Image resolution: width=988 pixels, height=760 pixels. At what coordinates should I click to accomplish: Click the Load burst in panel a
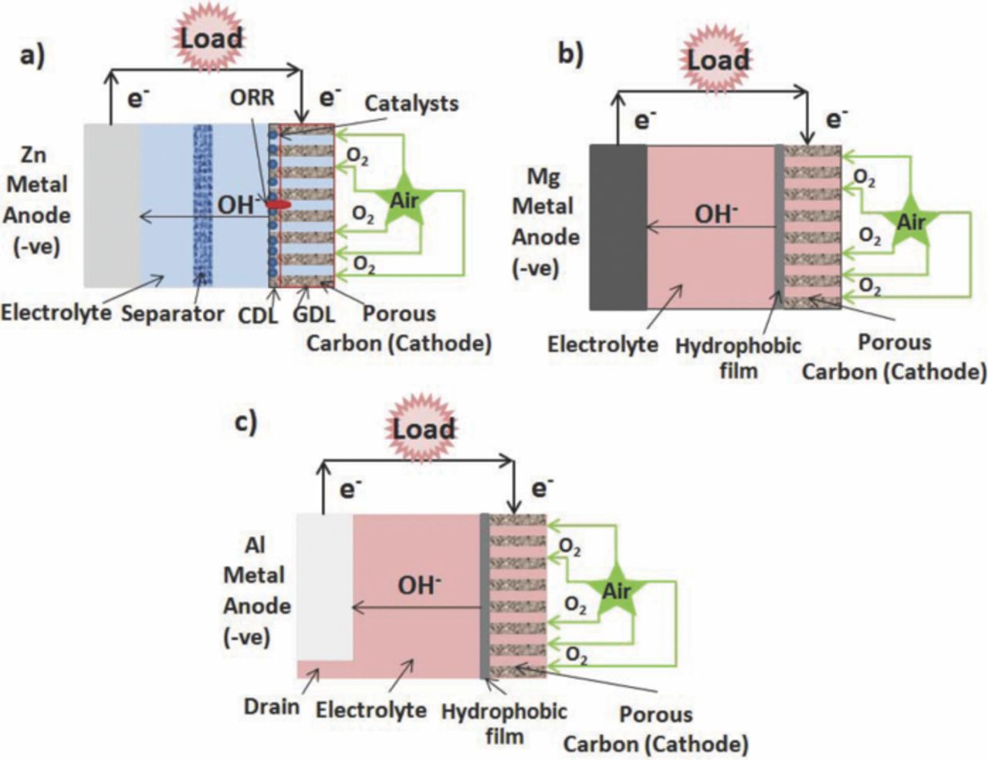[211, 38]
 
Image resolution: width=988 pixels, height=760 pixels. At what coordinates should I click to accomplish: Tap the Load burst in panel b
[718, 59]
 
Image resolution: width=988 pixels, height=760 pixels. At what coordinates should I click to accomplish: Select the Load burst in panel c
[423, 429]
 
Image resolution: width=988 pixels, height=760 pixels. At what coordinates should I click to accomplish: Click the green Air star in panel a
[403, 202]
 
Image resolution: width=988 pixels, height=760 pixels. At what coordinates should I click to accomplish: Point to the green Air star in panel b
[911, 222]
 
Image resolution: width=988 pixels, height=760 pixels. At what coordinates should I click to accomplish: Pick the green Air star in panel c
[616, 592]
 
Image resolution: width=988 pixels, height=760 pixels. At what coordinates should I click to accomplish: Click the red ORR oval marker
[278, 205]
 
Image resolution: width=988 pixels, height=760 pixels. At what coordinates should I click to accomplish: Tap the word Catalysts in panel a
[411, 103]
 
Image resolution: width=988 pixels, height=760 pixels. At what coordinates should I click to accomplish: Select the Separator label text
[173, 314]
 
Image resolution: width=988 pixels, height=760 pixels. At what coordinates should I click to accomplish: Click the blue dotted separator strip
[203, 205]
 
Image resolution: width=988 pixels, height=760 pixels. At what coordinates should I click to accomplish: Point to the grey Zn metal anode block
[112, 205]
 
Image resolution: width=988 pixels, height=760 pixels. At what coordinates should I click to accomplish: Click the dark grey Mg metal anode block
[617, 227]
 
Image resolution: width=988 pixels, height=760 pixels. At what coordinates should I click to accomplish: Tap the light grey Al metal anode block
[324, 587]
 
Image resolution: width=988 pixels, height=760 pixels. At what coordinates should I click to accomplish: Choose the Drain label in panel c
[272, 706]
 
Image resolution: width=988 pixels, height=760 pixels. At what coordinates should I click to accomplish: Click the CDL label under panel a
[258, 315]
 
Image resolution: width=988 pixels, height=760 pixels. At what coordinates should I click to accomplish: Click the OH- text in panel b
[716, 213]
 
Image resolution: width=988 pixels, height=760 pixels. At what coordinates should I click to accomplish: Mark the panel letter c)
[245, 422]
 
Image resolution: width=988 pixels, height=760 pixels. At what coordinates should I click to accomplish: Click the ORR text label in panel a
[252, 99]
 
